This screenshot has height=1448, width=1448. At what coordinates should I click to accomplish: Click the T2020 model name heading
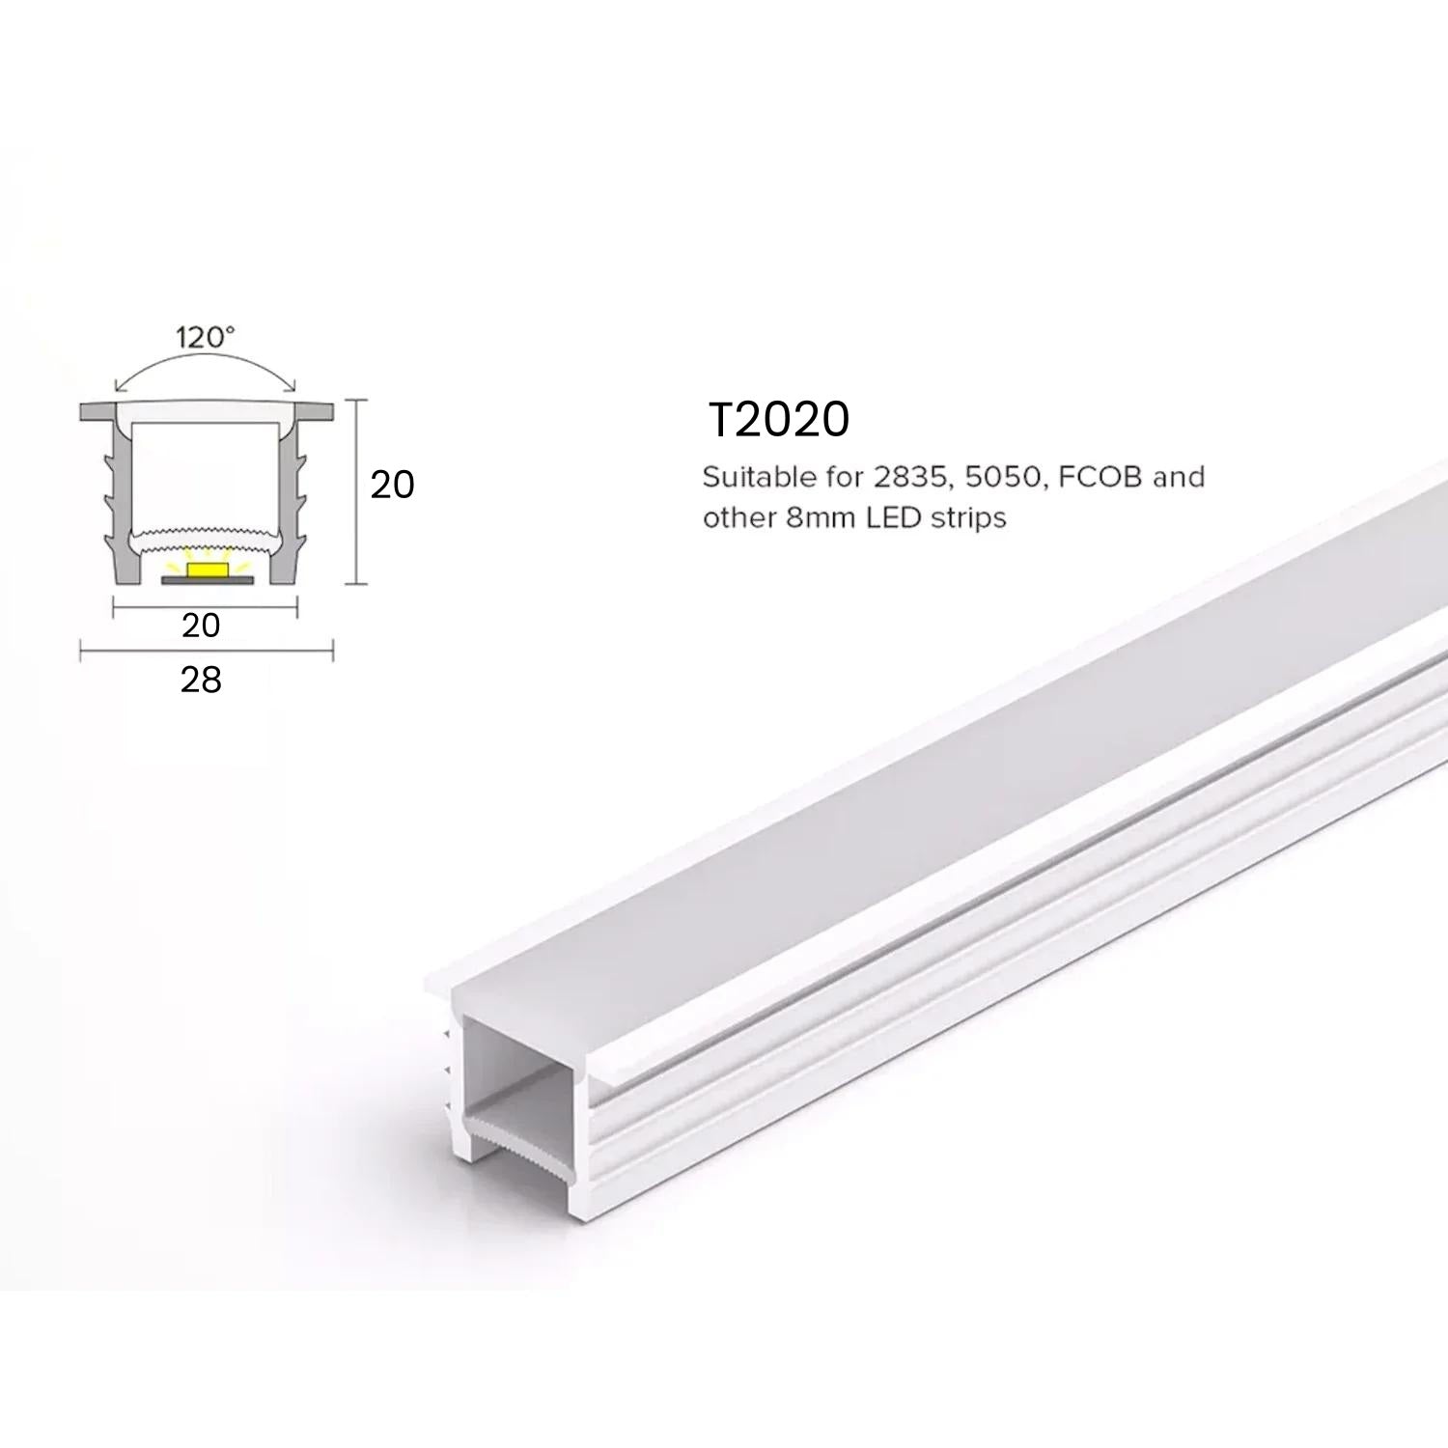(778, 420)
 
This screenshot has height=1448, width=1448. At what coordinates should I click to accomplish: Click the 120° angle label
(205, 337)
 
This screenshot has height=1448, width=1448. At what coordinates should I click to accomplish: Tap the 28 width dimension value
(201, 680)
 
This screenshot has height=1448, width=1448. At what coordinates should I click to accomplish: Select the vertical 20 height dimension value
(392, 484)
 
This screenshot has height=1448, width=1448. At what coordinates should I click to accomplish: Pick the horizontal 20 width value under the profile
(201, 625)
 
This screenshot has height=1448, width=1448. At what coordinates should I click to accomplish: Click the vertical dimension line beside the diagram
(358, 491)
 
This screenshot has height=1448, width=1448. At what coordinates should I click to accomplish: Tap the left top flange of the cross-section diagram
(97, 409)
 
